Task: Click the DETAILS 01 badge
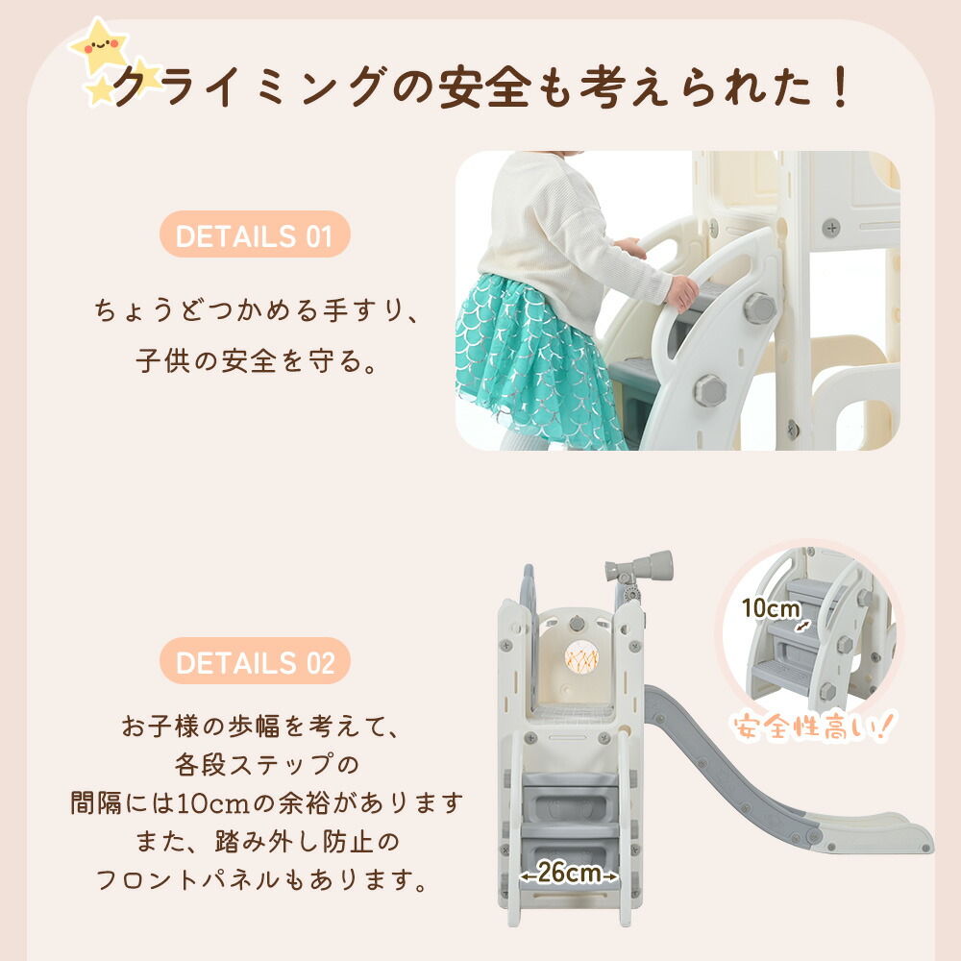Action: (x=255, y=234)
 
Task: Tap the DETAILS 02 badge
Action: (x=255, y=661)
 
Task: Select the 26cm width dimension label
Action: (x=569, y=873)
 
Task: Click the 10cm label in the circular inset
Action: (x=771, y=608)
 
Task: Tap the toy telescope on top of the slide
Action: (x=639, y=566)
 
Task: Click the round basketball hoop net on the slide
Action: (x=580, y=657)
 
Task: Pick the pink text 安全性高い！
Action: (x=813, y=727)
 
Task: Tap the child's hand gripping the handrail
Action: (x=682, y=292)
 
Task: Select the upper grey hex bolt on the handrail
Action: (x=760, y=308)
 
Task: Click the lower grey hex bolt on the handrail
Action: (x=710, y=390)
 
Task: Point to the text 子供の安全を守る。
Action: (x=257, y=360)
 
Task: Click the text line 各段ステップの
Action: (x=266, y=764)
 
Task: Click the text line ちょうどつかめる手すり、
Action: (x=258, y=310)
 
